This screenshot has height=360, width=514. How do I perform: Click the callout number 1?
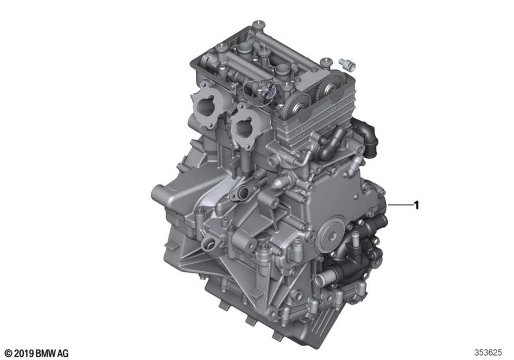tap(416, 205)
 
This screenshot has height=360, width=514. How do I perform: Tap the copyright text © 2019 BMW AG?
tap(36, 353)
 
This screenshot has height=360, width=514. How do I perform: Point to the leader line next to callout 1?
tap(400, 204)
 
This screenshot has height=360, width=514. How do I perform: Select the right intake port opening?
tap(245, 127)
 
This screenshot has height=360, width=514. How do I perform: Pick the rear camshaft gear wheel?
tap(330, 88)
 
